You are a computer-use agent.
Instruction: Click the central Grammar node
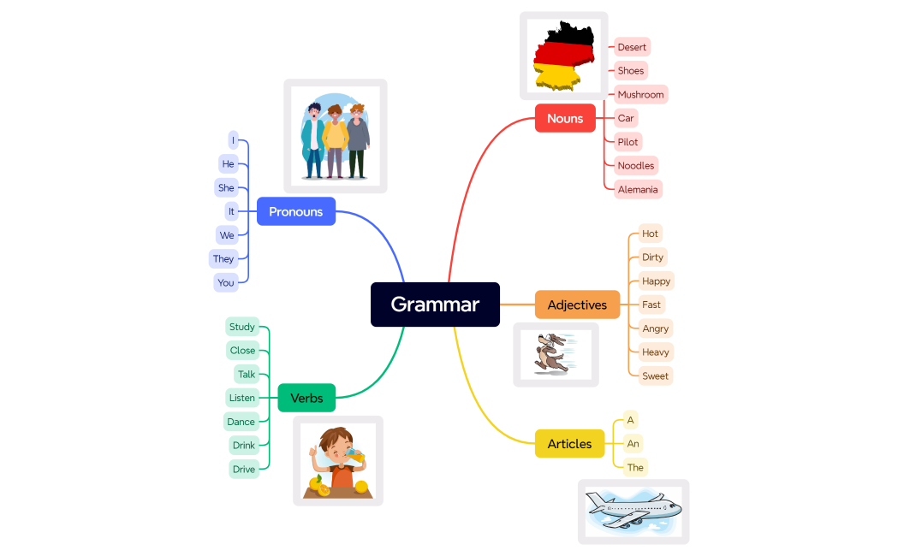pyautogui.click(x=435, y=305)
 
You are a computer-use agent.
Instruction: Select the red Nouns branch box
pyautogui.click(x=565, y=118)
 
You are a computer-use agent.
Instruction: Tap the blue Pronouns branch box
pyautogui.click(x=295, y=211)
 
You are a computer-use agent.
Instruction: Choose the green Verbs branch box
pyautogui.click(x=306, y=398)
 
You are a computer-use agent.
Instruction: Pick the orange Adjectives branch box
pyautogui.click(x=577, y=305)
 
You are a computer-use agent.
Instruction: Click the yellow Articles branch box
pyautogui.click(x=569, y=444)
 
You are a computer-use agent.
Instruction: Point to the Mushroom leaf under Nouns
pyautogui.click(x=640, y=94)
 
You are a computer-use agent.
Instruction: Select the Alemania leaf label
pyautogui.click(x=638, y=189)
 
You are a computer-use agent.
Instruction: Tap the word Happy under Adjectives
pyautogui.click(x=656, y=281)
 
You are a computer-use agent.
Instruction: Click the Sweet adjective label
pyautogui.click(x=655, y=376)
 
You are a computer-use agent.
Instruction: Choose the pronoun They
pyautogui.click(x=223, y=258)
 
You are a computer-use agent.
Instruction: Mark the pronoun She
pyautogui.click(x=226, y=187)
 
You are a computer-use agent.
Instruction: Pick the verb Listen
pyautogui.click(x=242, y=398)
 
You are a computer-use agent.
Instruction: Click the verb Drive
pyautogui.click(x=244, y=469)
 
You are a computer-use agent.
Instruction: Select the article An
pyautogui.click(x=633, y=443)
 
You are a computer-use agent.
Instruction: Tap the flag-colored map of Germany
pyautogui.click(x=562, y=56)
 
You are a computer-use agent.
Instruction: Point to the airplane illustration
pyautogui.click(x=633, y=511)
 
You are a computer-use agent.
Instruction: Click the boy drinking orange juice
pyautogui.click(x=337, y=461)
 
